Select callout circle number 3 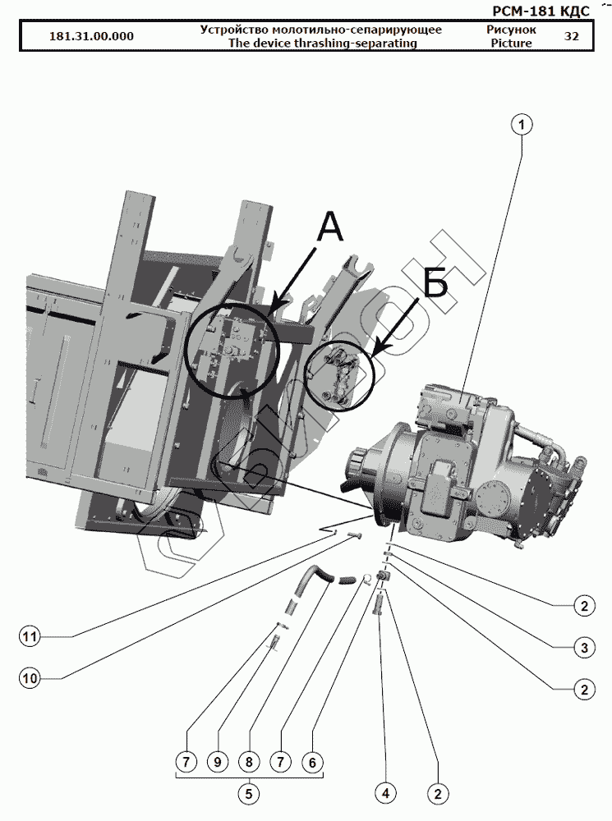[583, 648]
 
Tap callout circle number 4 [384, 793]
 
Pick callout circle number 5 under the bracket [248, 793]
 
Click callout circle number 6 [311, 762]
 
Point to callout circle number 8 [248, 762]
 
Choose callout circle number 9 [217, 762]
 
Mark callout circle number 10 [30, 678]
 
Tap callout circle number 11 [30, 636]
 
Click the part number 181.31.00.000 [91, 37]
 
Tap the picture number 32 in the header [572, 37]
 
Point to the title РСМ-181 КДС [540, 11]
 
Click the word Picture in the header [511, 44]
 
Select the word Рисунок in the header [511, 30]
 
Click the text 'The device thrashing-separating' [320, 44]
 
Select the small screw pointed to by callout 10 [354, 535]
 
